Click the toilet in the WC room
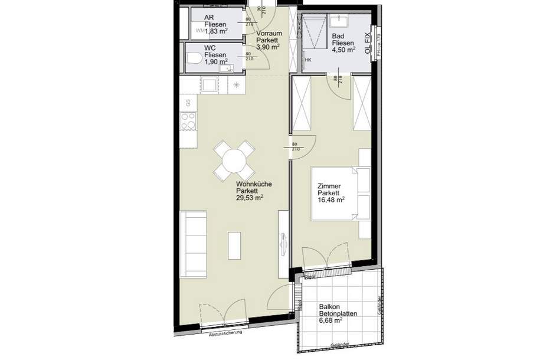[x=195, y=58]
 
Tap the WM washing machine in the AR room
[x=199, y=30]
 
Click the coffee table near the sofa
[x=234, y=246]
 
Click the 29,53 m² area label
[x=249, y=199]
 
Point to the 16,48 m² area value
[x=331, y=200]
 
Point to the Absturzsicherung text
[x=225, y=333]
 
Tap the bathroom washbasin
[x=341, y=21]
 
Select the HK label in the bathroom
[x=307, y=60]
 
